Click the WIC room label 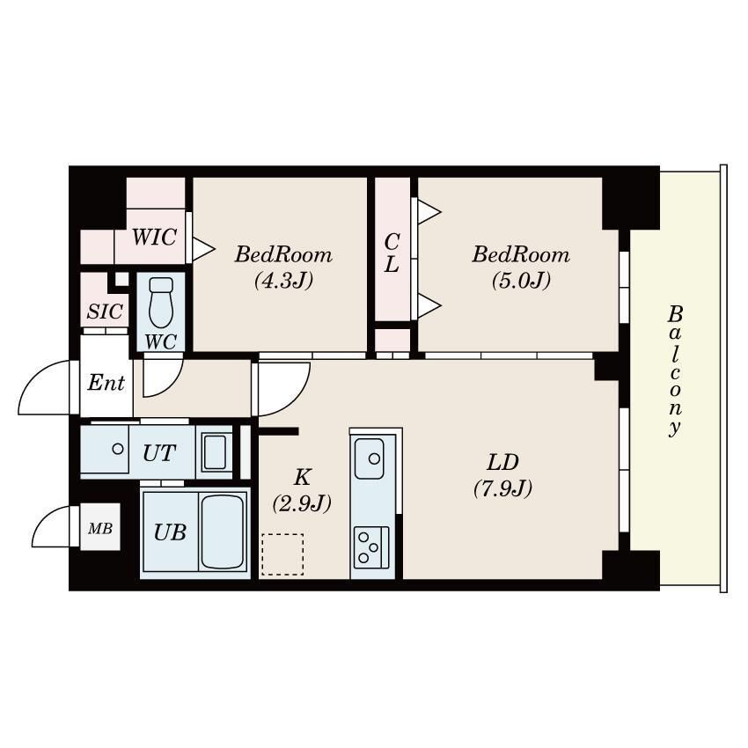coord(154,237)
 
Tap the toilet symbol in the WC coord(161,302)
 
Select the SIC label coord(105,312)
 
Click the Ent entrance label coord(106,383)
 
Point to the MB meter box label coord(100,528)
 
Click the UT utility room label coord(159,453)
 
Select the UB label coord(170,532)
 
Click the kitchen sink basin coord(370,458)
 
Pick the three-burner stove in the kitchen coord(371,547)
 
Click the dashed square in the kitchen coord(282,554)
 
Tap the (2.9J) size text coord(302,503)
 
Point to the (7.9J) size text coord(503,488)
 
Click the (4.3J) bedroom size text coord(284,280)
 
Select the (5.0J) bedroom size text coord(522,280)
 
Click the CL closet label coord(392,253)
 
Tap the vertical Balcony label coord(675,370)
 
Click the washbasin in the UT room coord(214,452)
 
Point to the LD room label coord(502,462)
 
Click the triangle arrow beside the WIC coord(202,248)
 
